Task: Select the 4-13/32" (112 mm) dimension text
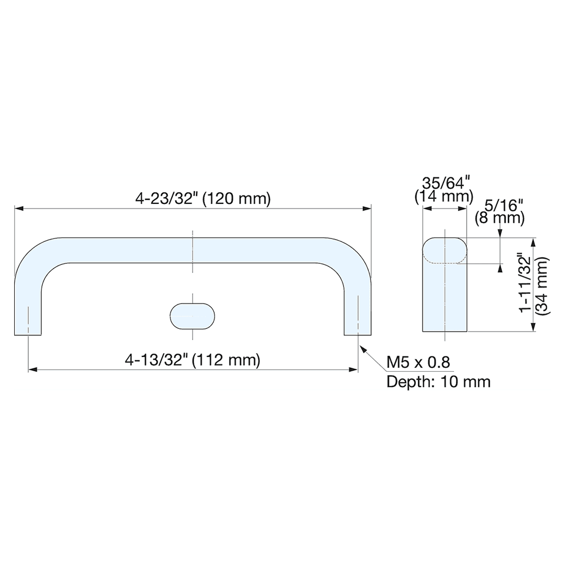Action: click(193, 360)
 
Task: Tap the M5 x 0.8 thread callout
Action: click(418, 362)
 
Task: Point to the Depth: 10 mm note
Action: click(438, 381)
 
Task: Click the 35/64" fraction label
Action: click(445, 184)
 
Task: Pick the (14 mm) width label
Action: click(444, 197)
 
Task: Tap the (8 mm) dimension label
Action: click(499, 217)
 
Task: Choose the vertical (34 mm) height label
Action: click(543, 286)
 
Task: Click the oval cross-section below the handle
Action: click(193, 315)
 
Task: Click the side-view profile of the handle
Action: click(445, 285)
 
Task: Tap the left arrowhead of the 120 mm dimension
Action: click(18, 209)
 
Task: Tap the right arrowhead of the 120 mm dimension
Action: click(368, 209)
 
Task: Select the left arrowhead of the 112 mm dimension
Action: click(32, 370)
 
